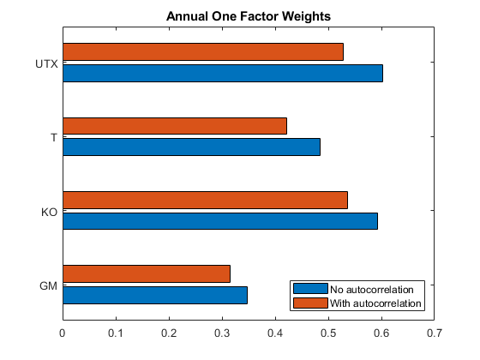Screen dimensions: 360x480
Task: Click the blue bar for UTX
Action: tap(223, 73)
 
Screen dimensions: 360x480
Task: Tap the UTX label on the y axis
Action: tap(46, 63)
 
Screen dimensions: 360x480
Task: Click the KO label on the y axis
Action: tap(49, 212)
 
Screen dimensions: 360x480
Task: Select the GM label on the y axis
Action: tap(49, 285)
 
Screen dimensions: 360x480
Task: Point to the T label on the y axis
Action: tap(53, 137)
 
